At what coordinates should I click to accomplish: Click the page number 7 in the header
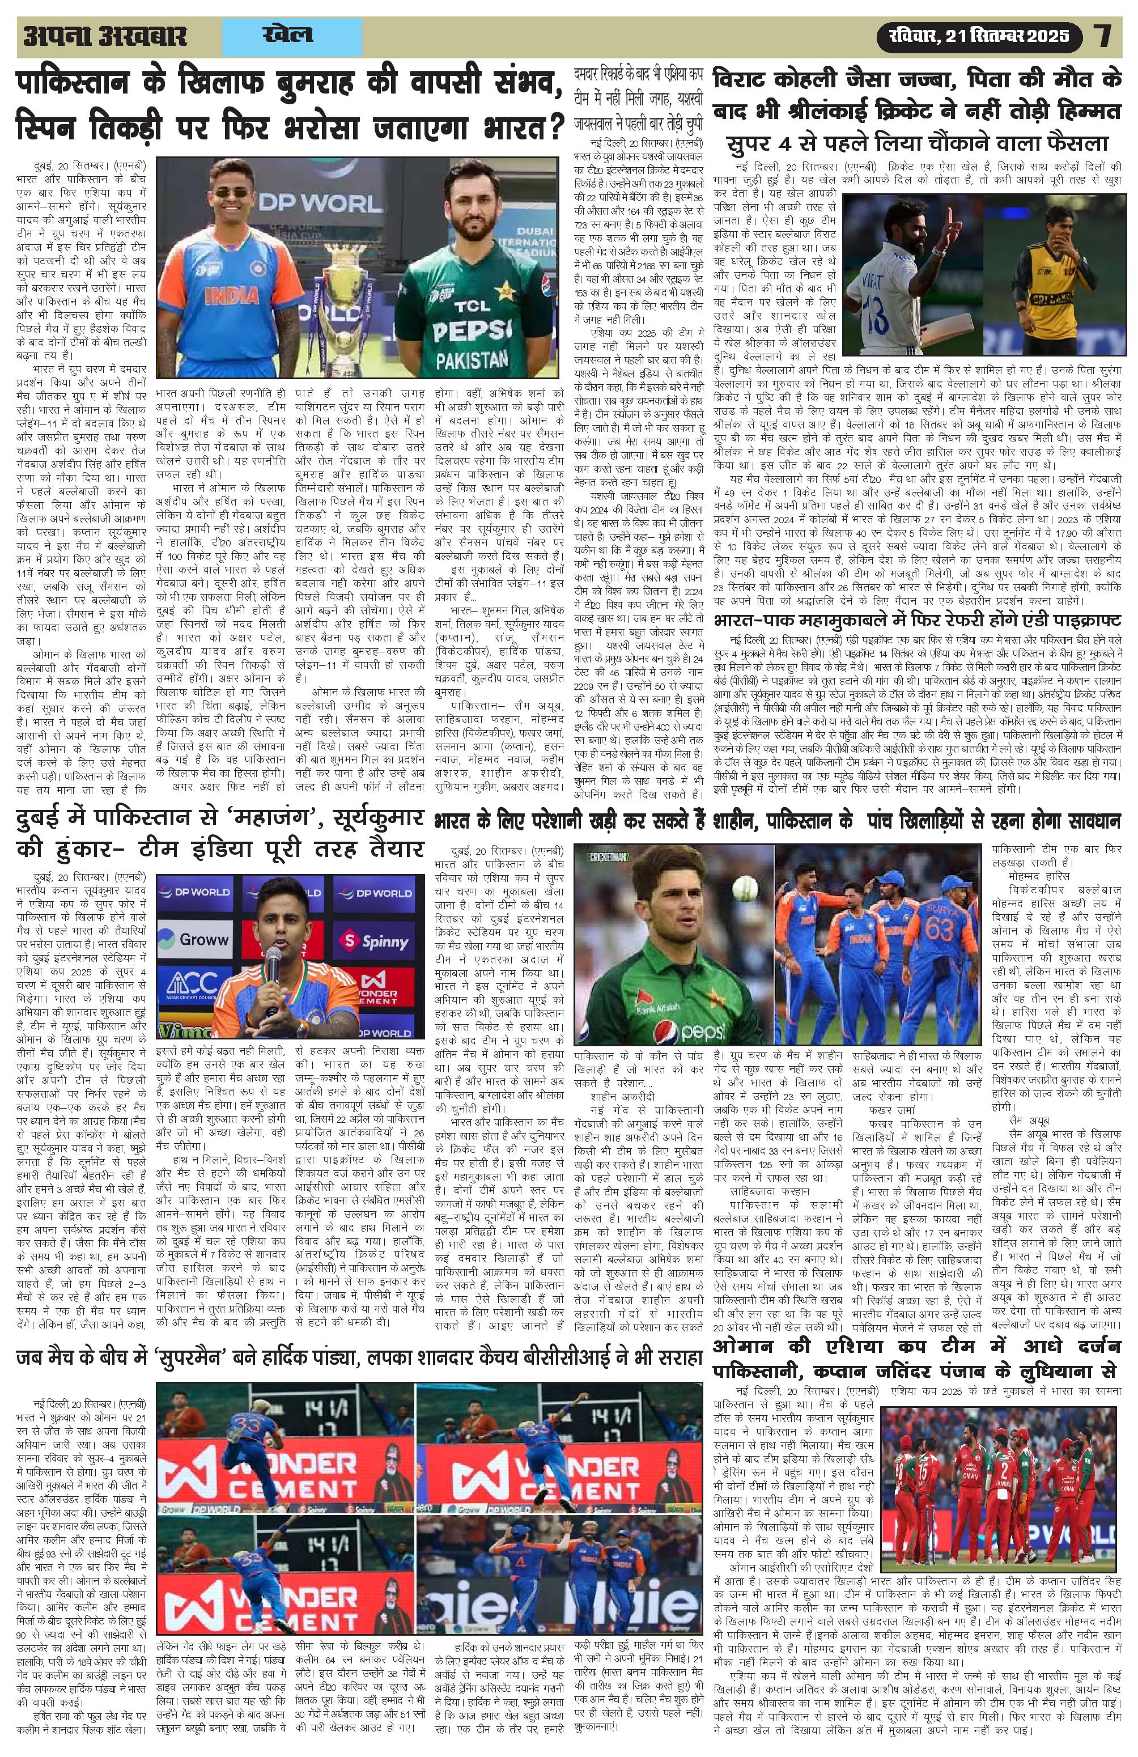point(1103,36)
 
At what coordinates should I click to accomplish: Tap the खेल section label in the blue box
point(287,35)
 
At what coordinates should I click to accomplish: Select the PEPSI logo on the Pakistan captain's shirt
point(469,328)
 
